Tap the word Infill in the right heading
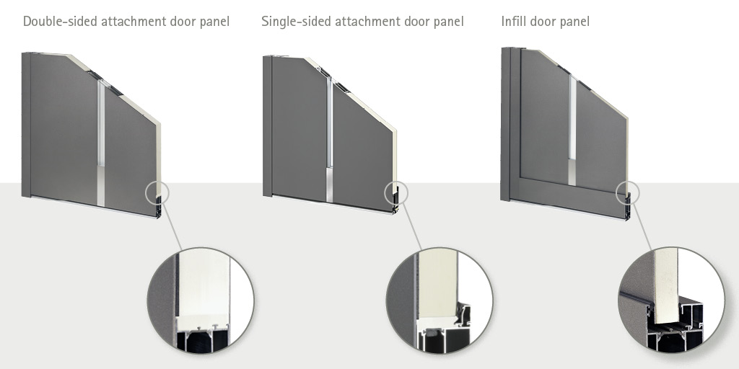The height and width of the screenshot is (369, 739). coord(512,22)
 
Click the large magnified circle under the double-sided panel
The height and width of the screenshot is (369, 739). coord(201,301)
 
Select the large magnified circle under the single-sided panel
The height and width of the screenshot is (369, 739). coord(440,301)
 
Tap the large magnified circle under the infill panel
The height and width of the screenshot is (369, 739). coord(671,301)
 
